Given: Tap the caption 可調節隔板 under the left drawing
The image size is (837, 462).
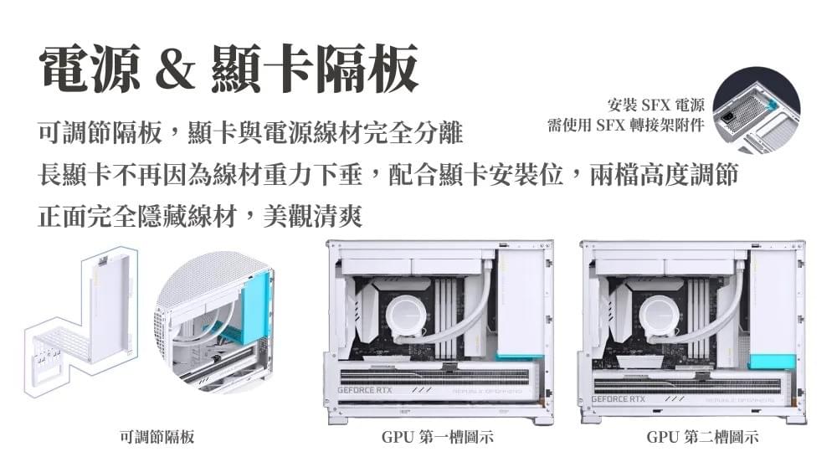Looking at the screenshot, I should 157,437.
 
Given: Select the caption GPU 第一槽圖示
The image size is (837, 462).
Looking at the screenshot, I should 438,437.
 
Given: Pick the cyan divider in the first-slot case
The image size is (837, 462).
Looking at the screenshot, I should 520,357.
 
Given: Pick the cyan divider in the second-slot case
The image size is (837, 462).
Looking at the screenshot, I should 773,361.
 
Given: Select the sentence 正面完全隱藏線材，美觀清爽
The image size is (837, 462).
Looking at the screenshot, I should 200,218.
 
